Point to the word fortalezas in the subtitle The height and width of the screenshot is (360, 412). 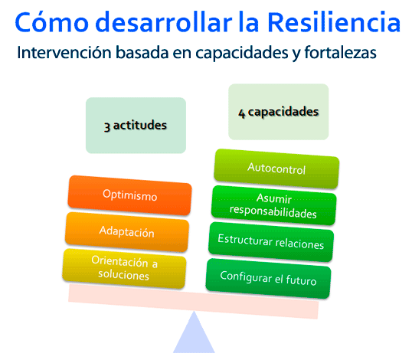pyautogui.click(x=342, y=55)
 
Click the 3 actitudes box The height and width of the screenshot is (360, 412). pyautogui.click(x=136, y=126)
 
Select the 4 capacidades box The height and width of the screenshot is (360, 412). pyautogui.click(x=278, y=113)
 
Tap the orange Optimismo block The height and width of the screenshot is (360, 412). pyautogui.click(x=129, y=196)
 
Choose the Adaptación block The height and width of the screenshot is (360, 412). pyautogui.click(x=126, y=231)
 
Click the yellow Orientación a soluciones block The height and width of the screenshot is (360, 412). pyautogui.click(x=124, y=268)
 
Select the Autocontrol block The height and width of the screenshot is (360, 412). pyautogui.click(x=276, y=168)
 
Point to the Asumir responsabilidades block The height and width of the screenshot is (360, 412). pyautogui.click(x=273, y=206)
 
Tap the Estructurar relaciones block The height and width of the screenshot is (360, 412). pyautogui.click(x=270, y=244)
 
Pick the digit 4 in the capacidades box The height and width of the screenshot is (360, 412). pyautogui.click(x=242, y=113)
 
